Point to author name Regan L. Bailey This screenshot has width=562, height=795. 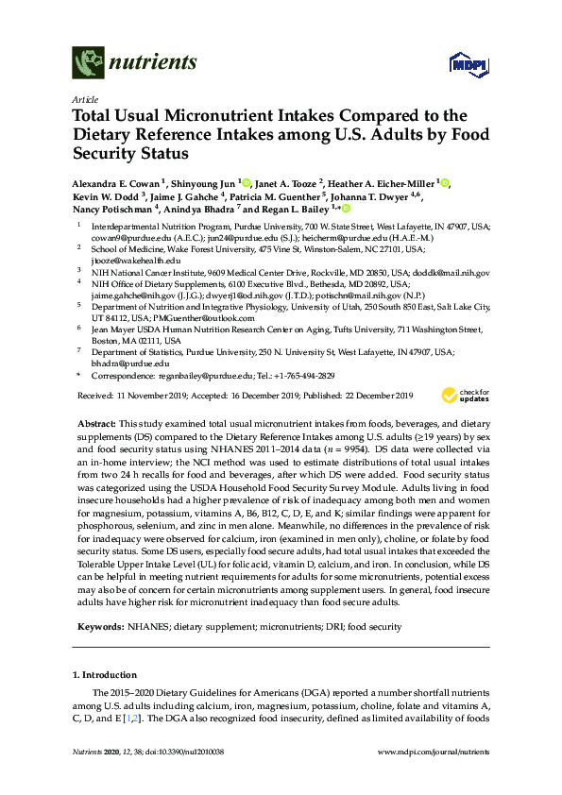[x=286, y=210]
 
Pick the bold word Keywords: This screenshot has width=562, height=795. [x=96, y=626]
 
